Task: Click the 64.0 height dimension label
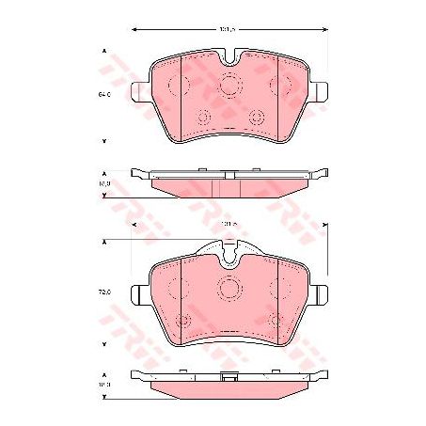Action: click(105, 94)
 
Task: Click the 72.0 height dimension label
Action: click(105, 292)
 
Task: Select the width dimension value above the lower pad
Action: click(228, 225)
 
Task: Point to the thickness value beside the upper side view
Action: click(105, 184)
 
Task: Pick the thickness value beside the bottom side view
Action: click(105, 384)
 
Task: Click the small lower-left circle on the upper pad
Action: click(202, 118)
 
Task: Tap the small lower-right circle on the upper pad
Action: click(257, 118)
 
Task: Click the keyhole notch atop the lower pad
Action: click(229, 253)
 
